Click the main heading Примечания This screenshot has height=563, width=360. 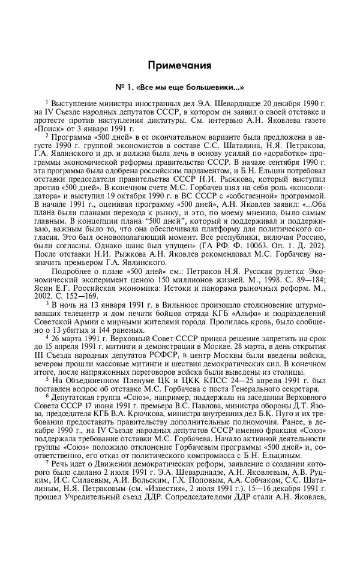[x=179, y=64]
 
